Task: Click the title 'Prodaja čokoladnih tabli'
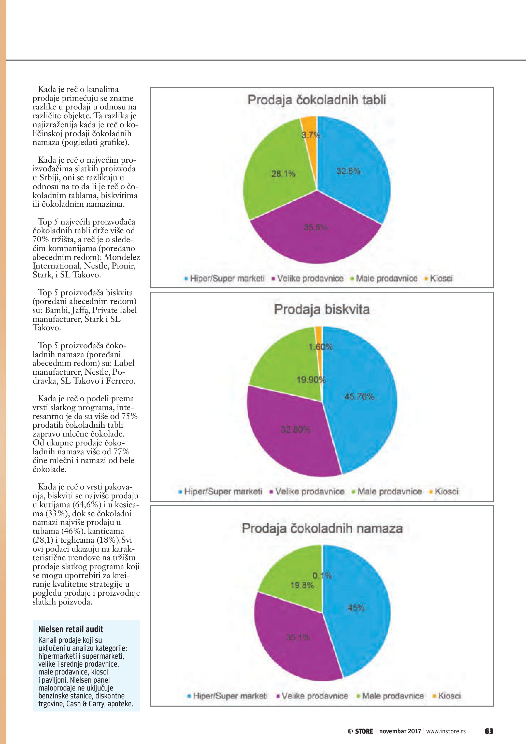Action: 317,100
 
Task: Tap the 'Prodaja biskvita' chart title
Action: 322,309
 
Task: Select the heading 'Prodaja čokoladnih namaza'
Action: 322,528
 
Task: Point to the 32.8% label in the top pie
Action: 348,171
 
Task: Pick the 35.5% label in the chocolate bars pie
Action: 316,228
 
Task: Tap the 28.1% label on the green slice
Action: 283,174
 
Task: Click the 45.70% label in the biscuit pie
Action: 359,397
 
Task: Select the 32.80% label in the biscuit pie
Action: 295,430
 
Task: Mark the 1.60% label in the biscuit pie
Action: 321,347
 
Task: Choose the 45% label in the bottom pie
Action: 356,608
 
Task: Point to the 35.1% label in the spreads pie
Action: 298,638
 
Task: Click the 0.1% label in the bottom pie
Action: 322,576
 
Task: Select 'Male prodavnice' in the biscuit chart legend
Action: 389,492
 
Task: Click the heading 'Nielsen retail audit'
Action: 70,629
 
